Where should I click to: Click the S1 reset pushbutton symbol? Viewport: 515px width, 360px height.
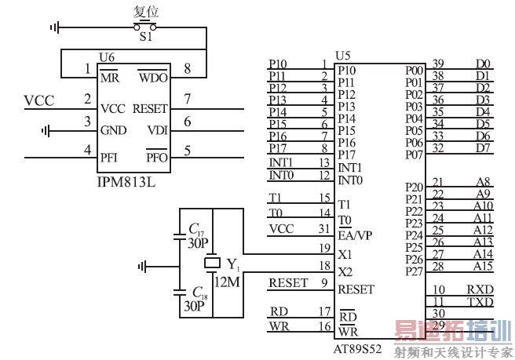click(x=146, y=27)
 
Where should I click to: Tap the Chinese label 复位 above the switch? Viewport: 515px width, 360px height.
click(x=147, y=12)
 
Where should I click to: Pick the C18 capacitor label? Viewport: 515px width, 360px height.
click(x=197, y=292)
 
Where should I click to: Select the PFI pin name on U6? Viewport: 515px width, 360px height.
click(x=110, y=158)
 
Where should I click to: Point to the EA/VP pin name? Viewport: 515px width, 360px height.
click(x=356, y=235)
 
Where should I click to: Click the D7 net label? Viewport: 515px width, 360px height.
click(x=484, y=147)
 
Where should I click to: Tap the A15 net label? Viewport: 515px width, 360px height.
click(x=483, y=266)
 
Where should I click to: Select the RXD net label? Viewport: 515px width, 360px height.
click(x=480, y=289)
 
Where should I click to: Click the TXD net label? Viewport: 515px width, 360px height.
click(x=480, y=301)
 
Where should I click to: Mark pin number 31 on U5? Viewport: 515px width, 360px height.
click(x=324, y=228)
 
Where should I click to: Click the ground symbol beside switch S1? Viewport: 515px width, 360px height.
click(x=54, y=28)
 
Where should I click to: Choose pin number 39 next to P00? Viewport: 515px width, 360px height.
click(x=439, y=64)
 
